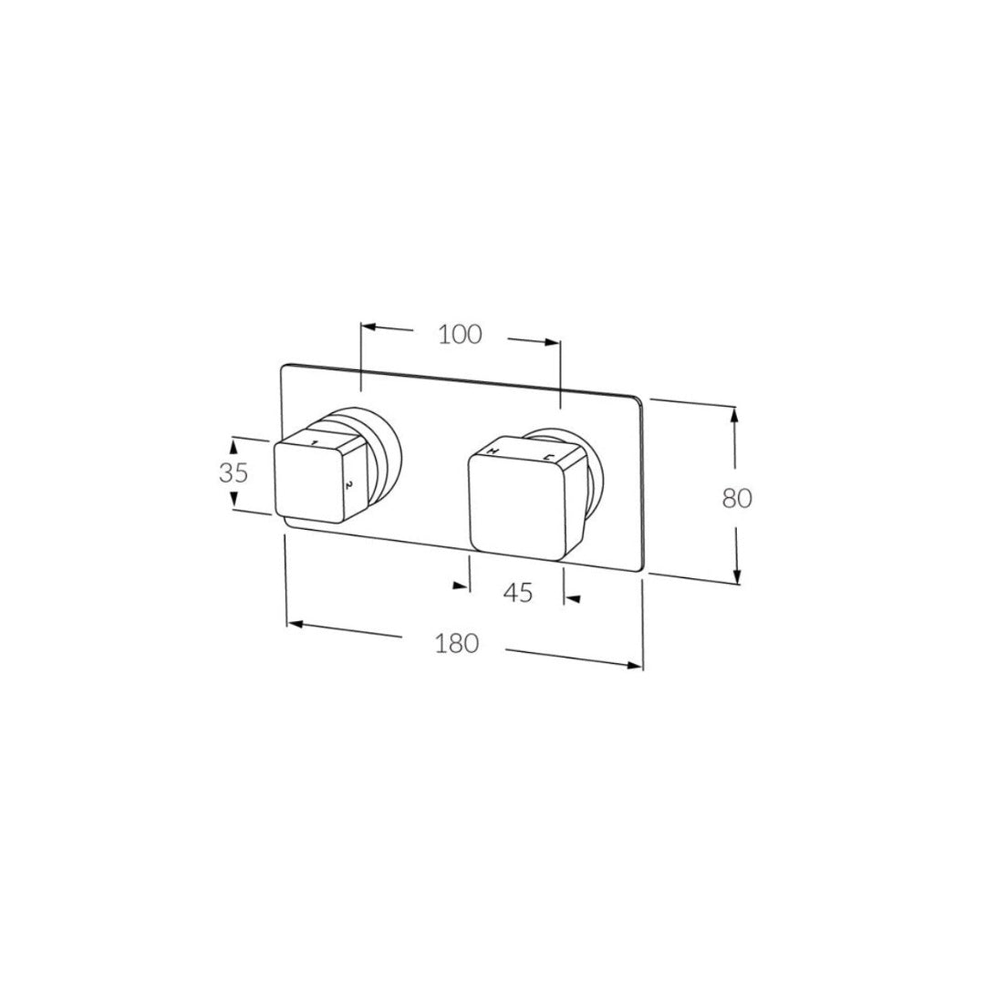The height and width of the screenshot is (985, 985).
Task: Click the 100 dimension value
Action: [x=460, y=335]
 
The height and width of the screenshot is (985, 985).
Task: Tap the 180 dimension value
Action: [x=457, y=643]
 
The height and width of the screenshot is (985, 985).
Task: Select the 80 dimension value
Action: [x=737, y=499]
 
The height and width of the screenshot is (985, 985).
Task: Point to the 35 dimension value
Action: [x=233, y=473]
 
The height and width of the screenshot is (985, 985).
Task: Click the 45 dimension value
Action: [x=518, y=593]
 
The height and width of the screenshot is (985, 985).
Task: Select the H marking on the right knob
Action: [x=493, y=451]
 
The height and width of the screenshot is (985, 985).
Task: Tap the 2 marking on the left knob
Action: [x=347, y=484]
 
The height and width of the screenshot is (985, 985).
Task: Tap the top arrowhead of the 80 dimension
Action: [x=734, y=414]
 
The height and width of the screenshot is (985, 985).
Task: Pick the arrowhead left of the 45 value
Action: [x=463, y=585]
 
